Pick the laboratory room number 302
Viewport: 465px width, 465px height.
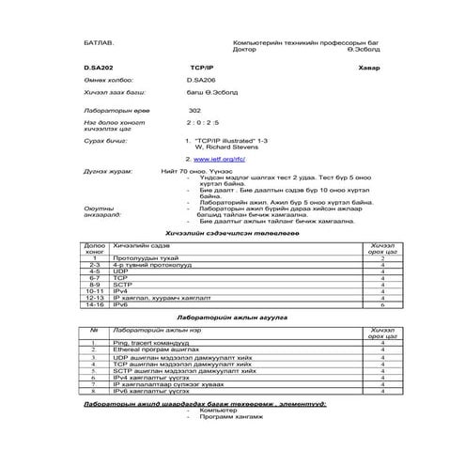click(194, 110)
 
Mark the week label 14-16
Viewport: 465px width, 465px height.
click(94, 305)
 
